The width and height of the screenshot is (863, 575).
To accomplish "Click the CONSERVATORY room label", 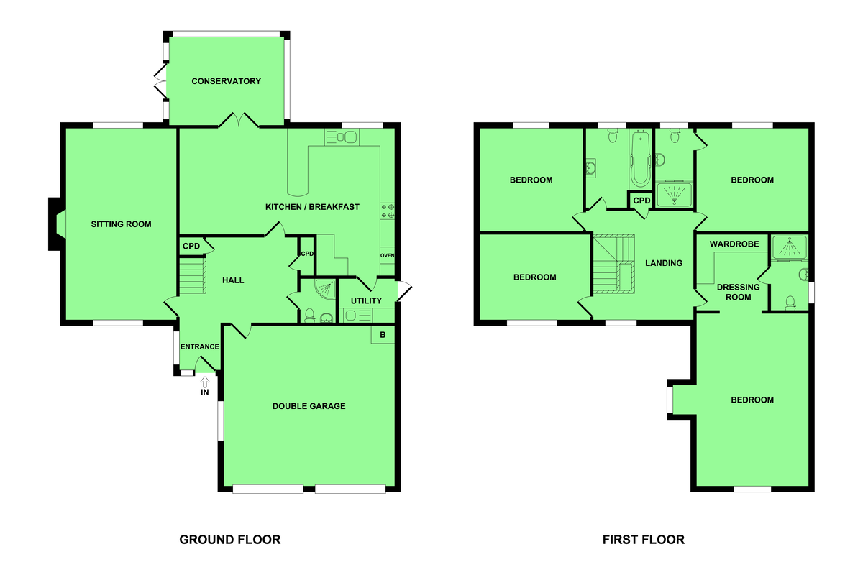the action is coord(226,81).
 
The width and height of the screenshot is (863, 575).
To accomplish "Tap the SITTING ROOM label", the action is coord(121,224).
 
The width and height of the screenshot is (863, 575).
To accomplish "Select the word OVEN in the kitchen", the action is coord(387,255).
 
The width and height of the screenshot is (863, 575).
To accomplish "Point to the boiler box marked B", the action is coord(383,335).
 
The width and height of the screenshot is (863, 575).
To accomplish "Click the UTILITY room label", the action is coord(366,300).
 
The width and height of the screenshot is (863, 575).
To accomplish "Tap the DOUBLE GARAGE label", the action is coord(309,406).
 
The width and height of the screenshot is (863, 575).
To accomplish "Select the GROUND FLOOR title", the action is coord(230,540).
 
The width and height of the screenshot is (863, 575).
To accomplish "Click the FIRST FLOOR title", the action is coord(644,540).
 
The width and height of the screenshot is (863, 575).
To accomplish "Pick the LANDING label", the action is coord(664,263).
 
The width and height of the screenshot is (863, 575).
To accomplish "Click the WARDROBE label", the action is coord(734,244).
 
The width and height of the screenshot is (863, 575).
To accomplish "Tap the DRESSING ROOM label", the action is coord(738,292).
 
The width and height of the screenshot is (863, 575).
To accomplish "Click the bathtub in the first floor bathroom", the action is coord(640,159).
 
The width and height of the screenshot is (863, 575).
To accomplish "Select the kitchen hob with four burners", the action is coord(388,211).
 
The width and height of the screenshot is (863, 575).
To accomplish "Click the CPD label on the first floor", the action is coord(641,201).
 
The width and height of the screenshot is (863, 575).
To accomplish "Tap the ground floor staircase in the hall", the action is coord(193,276).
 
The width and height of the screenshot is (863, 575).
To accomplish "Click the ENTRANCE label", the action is coord(200,346).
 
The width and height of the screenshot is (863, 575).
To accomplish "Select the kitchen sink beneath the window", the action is coord(342,137).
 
